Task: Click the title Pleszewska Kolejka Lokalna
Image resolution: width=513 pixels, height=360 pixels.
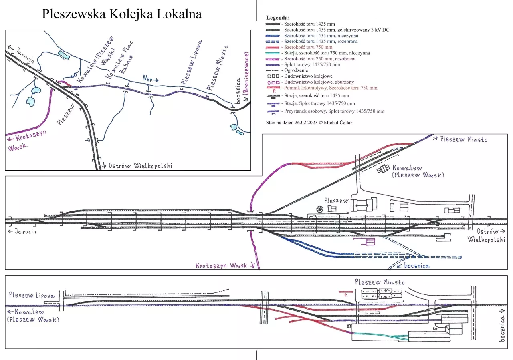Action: pos(122,14)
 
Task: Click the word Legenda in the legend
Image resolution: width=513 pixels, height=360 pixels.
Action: pos(278,18)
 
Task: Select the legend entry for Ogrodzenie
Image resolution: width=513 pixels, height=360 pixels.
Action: pos(298,70)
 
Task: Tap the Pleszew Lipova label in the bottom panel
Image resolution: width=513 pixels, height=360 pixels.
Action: pos(31,295)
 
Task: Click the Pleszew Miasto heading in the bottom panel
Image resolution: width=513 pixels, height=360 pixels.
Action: pos(380,282)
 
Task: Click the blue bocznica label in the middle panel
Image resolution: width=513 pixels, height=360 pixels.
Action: pos(416,265)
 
